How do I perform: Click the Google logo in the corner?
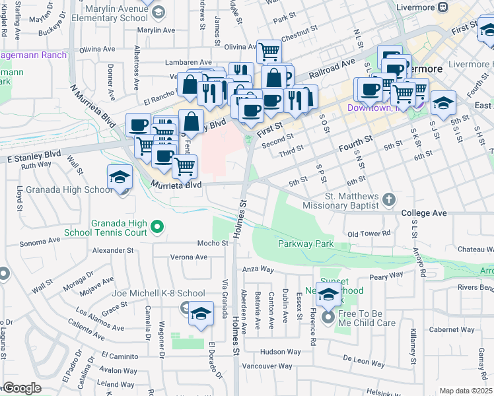click(21, 388)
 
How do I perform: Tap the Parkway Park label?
click(305, 244)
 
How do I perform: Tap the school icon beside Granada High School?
click(120, 177)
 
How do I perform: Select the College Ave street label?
click(424, 213)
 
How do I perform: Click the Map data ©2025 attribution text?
click(466, 391)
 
